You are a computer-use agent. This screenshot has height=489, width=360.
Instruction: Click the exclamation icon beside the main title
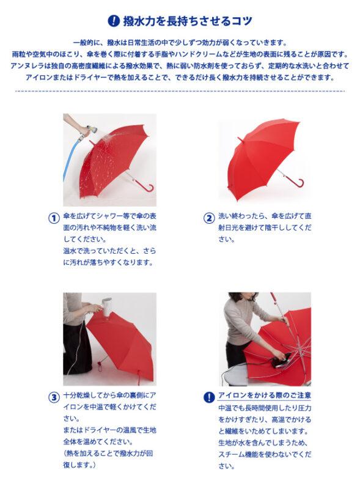(114, 21)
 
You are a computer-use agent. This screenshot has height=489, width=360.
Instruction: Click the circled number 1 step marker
(54, 218)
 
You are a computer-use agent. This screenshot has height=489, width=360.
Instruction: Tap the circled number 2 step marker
(209, 218)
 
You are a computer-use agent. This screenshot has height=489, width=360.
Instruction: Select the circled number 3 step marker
(54, 397)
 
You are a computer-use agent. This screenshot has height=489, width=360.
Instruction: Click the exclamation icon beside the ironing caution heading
(209, 397)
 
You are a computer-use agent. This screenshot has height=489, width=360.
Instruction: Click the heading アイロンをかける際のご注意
(265, 395)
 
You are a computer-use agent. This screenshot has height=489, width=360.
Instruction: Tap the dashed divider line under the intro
(180, 91)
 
